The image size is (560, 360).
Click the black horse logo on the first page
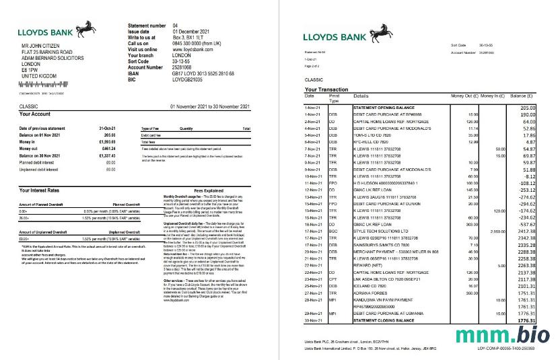[85, 28]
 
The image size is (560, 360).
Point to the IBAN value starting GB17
[203, 73]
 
